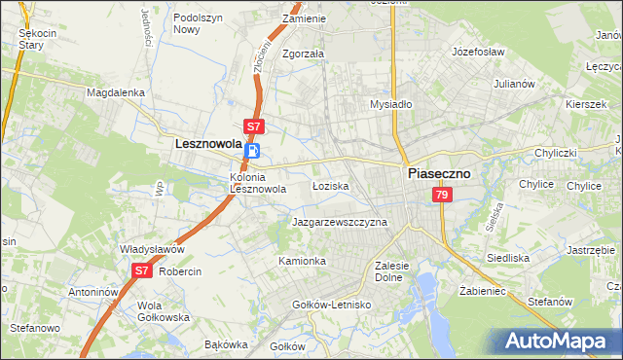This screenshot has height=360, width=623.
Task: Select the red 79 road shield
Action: [443, 196]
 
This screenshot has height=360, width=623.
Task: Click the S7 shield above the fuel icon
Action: [253, 126]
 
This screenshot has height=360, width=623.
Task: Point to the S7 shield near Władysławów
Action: [142, 271]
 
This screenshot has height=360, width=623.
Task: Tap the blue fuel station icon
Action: [253, 151]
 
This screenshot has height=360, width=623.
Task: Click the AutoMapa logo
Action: [558, 341]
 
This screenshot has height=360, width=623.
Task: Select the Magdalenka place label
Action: [115, 92]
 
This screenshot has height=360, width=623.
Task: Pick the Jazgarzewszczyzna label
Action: [340, 222]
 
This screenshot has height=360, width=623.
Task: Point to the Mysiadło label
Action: [392, 104]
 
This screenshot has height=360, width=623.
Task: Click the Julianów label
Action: [515, 84]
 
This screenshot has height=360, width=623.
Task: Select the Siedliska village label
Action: [507, 258]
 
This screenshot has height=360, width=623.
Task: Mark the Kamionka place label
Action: [302, 262]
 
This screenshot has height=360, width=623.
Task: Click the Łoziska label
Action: [331, 185]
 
